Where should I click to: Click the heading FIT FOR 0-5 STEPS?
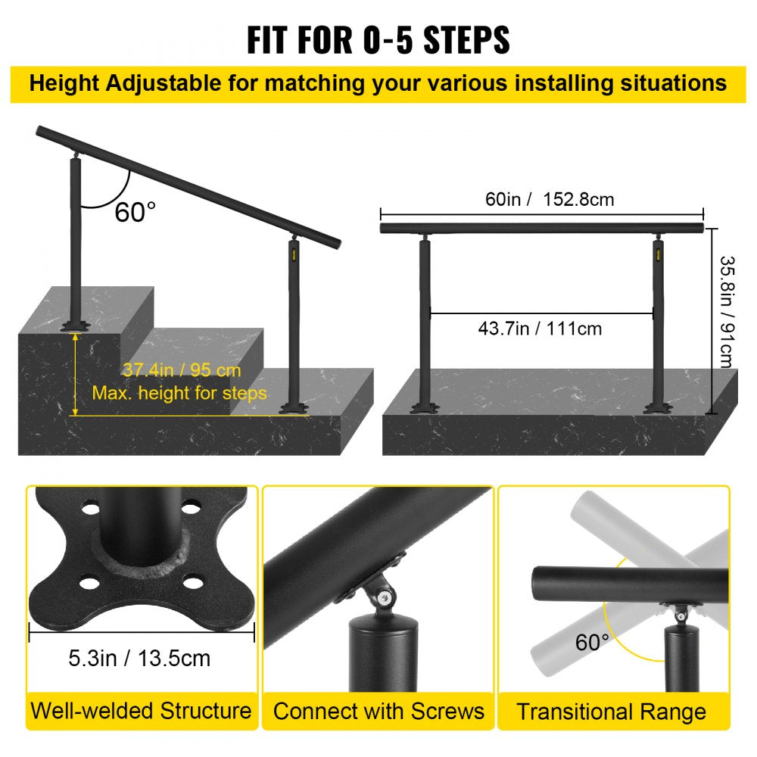378,40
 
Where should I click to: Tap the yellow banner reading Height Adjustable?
378,83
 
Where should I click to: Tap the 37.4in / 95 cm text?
181,370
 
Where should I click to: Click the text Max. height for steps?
179,393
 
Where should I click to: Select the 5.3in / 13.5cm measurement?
140,658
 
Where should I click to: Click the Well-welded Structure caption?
141,711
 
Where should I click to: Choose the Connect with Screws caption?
378,712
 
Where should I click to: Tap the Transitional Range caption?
612,712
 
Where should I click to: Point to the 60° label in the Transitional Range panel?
592,643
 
